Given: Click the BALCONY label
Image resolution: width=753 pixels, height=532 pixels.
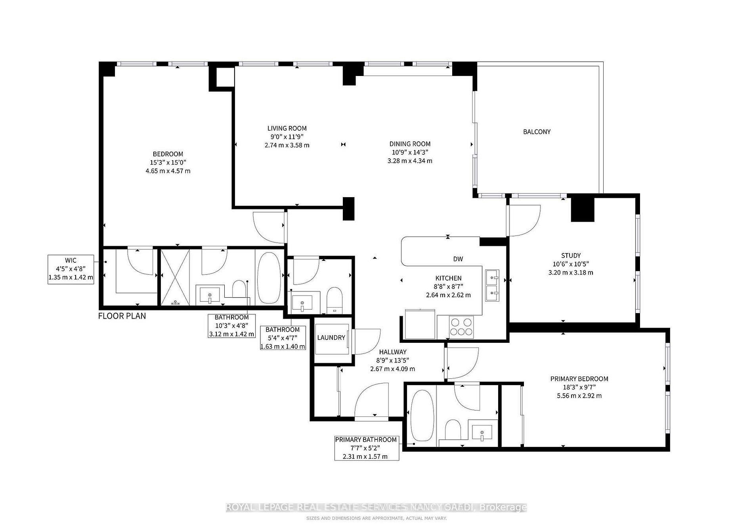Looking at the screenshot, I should (537, 132).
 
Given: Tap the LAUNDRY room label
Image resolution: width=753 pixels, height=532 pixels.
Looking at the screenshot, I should (331, 338).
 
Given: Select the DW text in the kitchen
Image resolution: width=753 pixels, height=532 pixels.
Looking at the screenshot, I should (458, 259).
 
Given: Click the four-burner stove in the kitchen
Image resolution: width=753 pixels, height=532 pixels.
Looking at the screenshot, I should (462, 327).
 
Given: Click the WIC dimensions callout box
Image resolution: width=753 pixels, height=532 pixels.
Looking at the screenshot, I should (71, 269).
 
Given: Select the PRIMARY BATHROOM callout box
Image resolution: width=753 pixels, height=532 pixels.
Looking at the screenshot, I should (366, 448).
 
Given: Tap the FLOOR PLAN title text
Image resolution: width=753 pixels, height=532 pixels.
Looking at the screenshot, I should (122, 316).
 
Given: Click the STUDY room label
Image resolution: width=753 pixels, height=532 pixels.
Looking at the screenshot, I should (571, 256).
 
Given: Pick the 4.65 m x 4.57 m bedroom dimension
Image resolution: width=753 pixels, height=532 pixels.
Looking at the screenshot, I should (168, 171).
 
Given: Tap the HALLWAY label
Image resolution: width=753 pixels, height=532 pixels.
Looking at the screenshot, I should (392, 352).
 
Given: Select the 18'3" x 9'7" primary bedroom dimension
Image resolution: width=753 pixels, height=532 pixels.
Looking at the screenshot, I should (579, 387).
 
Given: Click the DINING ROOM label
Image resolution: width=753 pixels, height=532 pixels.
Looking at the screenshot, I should (410, 144).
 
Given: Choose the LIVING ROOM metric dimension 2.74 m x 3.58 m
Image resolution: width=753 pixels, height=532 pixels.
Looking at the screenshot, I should (287, 145).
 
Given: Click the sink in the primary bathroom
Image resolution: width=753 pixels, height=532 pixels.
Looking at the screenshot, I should (482, 432).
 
